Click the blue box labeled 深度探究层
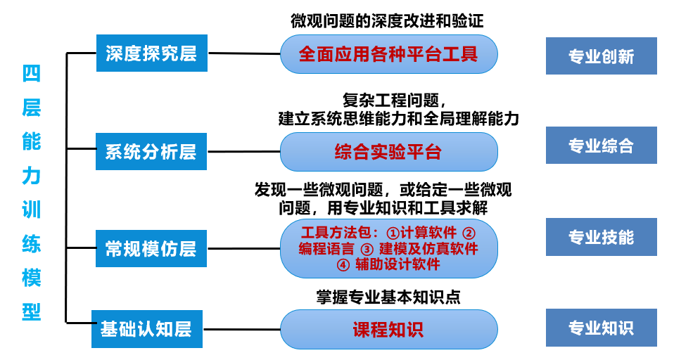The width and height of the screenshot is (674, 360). pos(151,53)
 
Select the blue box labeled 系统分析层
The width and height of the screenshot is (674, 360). pos(151,151)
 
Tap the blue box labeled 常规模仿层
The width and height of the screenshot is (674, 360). pos(151,248)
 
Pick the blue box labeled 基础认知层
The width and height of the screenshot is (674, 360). pos(146,328)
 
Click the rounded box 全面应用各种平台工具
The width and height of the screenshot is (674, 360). pos(388,54)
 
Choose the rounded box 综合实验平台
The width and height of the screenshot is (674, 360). pos(388,152)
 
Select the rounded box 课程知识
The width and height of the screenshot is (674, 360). pos(388,329)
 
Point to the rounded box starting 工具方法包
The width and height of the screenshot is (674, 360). pos(388,248)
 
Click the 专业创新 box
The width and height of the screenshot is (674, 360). pos(601,56)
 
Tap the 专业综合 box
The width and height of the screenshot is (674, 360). pos(601,146)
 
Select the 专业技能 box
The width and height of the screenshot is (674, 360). pos(601,237)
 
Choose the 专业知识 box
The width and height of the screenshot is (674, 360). pos(601,328)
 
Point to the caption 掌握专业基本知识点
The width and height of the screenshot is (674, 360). pos(388,297)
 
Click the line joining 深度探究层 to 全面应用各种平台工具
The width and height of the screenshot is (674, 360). pos(244,53)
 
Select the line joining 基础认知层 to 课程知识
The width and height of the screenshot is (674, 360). pos(241,329)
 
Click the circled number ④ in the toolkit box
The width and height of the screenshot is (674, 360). pos(343,264)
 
